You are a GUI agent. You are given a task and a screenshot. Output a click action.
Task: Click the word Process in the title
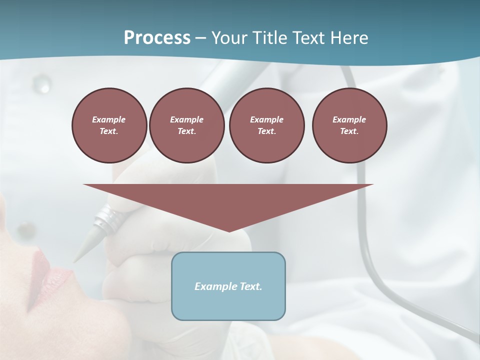click(157, 38)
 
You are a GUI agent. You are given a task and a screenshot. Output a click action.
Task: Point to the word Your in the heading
click(230, 38)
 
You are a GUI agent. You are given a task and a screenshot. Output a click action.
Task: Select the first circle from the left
click(109, 125)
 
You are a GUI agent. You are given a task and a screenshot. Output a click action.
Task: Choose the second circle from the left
click(186, 125)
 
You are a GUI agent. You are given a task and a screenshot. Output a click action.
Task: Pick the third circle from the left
click(266, 125)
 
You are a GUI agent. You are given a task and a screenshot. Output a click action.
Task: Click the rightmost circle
click(349, 125)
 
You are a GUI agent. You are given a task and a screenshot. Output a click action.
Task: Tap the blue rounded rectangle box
click(228, 305)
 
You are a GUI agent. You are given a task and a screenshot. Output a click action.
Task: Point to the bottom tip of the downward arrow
click(228, 231)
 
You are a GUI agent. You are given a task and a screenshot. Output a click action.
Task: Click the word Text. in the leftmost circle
click(109, 131)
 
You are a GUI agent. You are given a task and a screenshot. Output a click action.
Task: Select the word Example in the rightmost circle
click(349, 119)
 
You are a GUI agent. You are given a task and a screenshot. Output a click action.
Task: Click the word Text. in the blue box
click(250, 286)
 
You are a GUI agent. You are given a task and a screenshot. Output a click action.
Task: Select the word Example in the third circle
click(266, 119)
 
